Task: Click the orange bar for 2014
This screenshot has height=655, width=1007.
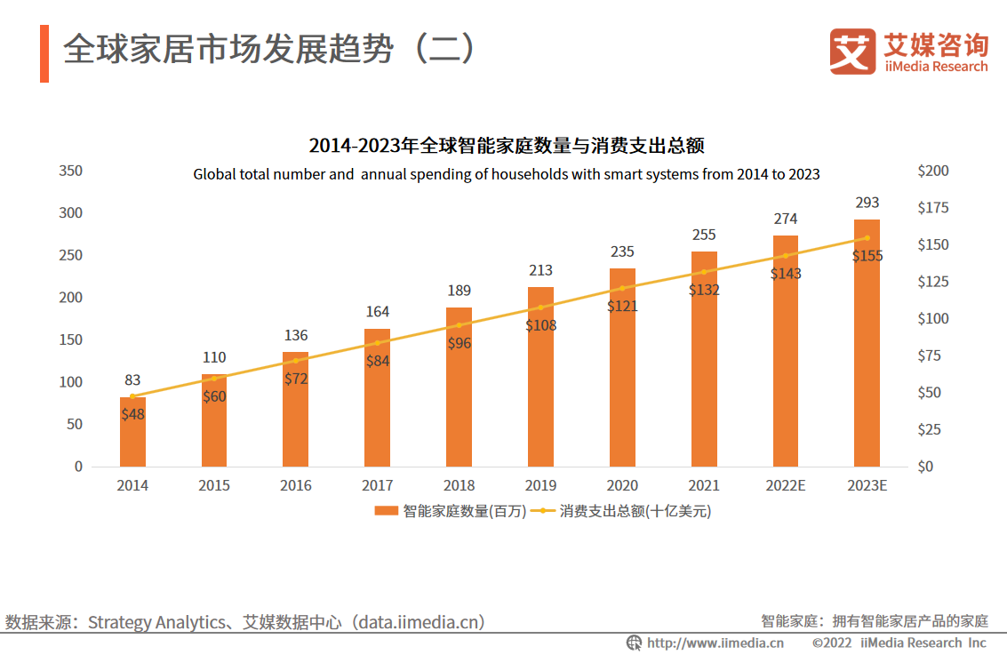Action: [132, 435]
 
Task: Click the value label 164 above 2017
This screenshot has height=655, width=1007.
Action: [377, 312]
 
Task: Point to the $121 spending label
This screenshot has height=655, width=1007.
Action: [622, 306]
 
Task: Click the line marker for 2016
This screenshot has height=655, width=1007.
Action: [295, 361]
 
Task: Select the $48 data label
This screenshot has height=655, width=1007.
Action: [132, 414]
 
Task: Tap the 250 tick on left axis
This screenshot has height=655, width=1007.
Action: [70, 256]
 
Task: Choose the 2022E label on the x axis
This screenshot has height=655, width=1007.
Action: [785, 486]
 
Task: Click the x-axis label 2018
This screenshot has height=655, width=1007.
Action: [459, 486]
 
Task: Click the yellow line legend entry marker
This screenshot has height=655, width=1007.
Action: [545, 511]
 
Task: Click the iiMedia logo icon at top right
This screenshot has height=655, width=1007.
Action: [851, 51]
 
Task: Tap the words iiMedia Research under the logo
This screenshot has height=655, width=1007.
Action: [935, 67]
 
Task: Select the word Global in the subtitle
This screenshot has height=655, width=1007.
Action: [214, 175]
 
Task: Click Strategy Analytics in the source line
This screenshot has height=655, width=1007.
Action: [156, 623]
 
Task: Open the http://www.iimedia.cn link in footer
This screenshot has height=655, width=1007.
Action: [715, 643]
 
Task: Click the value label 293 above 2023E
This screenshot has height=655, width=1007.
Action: [867, 204]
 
